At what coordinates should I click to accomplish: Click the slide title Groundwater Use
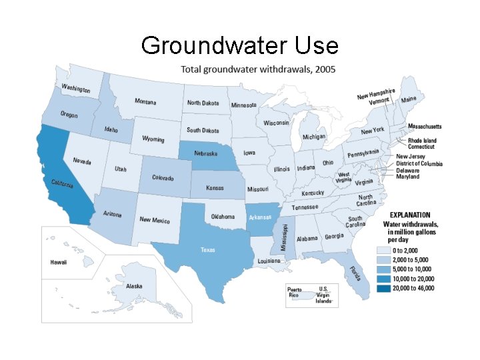(240, 45)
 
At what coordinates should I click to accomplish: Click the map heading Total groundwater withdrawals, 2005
(259, 69)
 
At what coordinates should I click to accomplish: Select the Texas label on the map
(208, 250)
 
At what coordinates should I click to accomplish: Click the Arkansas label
(260, 217)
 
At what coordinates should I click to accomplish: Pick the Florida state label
(356, 273)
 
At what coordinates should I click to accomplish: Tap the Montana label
(145, 101)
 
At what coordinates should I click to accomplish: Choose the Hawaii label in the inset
(59, 262)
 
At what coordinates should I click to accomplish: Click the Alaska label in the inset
(134, 286)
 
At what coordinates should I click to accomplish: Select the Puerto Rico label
(294, 293)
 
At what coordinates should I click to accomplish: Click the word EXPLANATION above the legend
(410, 215)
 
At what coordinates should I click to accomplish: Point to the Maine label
(409, 99)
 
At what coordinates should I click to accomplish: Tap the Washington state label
(76, 88)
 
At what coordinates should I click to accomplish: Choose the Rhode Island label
(423, 141)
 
